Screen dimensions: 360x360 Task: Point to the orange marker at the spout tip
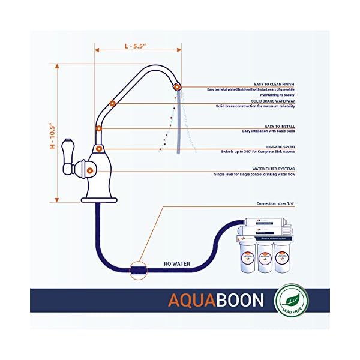pyautogui.click(x=177, y=88)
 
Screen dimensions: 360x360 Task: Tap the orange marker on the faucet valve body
pyautogui.click(x=89, y=171)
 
